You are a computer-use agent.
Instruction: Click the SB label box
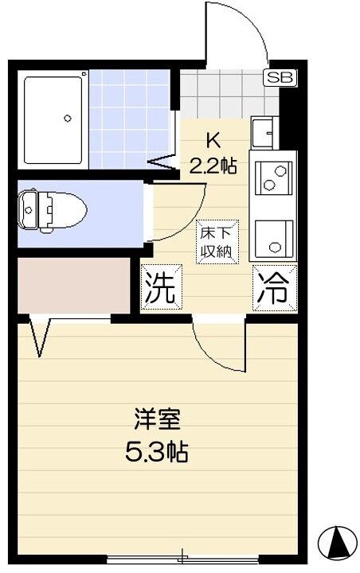click(x=279, y=77)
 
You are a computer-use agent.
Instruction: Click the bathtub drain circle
click(x=68, y=119)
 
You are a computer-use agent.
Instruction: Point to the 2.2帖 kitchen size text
click(x=213, y=166)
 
